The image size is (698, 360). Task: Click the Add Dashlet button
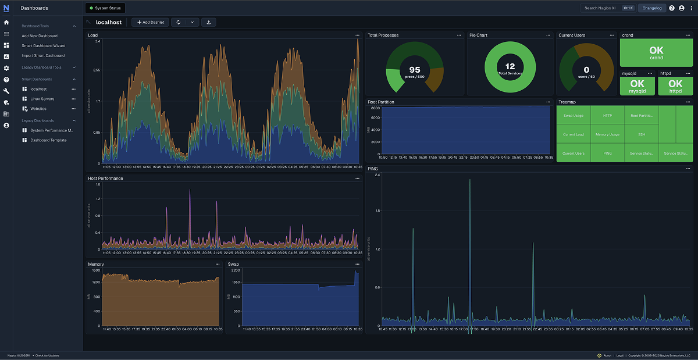(151, 22)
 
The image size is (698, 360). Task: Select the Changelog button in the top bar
(651, 8)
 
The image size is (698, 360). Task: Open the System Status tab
(105, 8)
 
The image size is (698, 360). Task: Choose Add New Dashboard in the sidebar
(40, 35)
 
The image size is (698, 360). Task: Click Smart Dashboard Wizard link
(44, 45)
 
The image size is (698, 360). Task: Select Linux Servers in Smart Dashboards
(42, 99)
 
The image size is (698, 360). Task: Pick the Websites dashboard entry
(38, 109)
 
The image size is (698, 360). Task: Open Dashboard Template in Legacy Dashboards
(48, 140)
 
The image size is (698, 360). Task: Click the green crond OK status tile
(656, 53)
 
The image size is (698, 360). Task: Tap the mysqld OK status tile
(638, 86)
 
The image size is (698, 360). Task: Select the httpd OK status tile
(675, 86)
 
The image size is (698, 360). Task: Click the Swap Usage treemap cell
(573, 116)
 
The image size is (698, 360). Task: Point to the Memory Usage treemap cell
(607, 134)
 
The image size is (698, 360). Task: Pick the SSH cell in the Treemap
(641, 134)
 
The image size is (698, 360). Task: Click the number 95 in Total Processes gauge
(415, 70)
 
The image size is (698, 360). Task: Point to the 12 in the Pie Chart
(510, 66)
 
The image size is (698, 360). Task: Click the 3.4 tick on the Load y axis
(98, 41)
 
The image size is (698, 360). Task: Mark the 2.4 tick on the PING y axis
(378, 174)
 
